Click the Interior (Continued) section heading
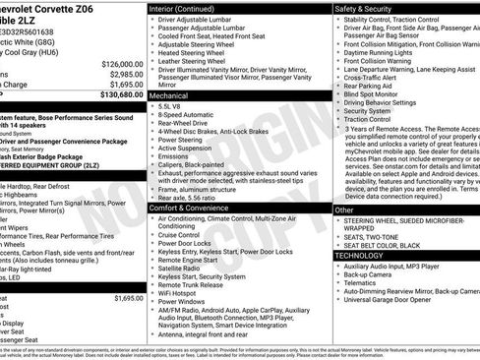[183, 8]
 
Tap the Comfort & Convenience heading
[194, 208]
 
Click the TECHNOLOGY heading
[361, 255]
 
